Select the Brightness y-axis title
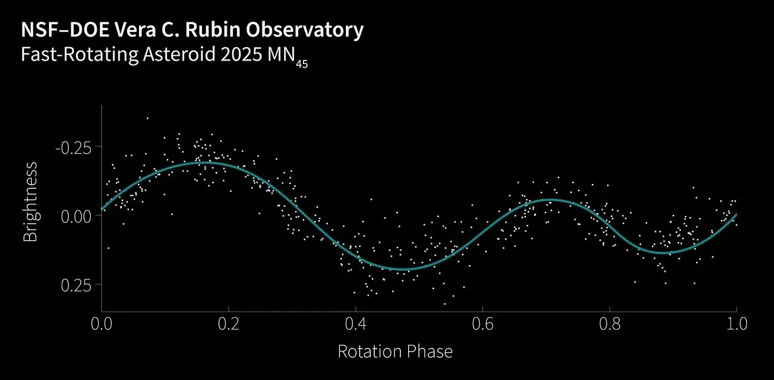[x=30, y=201]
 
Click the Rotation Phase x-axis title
[x=395, y=351]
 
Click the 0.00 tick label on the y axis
[x=78, y=216]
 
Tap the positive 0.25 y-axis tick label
[x=78, y=285]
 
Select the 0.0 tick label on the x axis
[x=102, y=323]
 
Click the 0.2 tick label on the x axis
[x=229, y=323]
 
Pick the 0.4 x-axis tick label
[x=356, y=323]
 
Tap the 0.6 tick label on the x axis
[x=483, y=323]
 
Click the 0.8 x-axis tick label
[x=610, y=323]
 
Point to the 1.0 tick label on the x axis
[x=736, y=323]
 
